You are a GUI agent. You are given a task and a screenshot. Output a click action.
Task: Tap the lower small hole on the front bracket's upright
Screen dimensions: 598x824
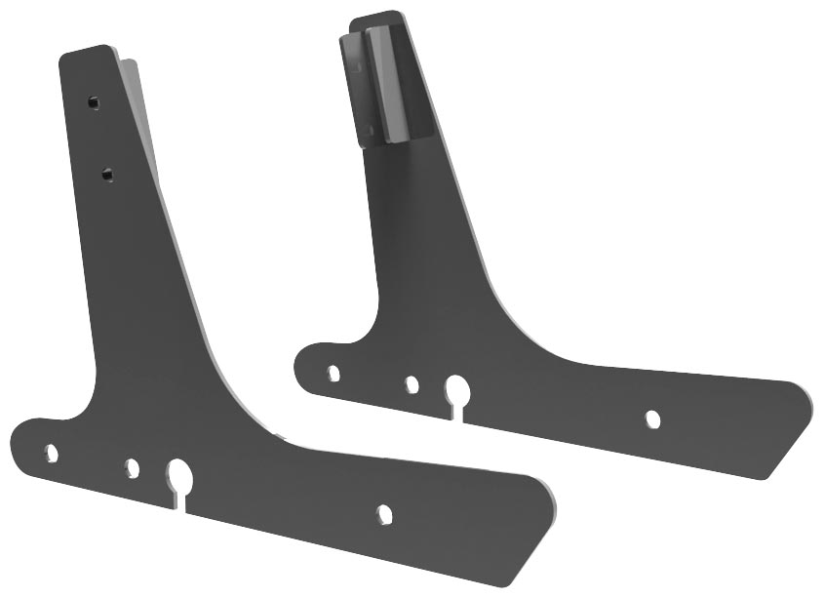106,175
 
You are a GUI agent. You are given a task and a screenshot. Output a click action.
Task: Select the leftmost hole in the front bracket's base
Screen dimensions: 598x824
52,453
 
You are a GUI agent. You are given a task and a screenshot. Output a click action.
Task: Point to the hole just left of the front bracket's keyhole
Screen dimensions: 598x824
132,468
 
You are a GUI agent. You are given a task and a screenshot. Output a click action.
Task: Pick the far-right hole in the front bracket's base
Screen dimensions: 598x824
384,512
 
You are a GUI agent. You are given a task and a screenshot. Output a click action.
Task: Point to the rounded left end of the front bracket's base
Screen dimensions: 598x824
18,434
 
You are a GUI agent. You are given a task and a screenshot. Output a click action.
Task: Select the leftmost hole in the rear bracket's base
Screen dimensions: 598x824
334,373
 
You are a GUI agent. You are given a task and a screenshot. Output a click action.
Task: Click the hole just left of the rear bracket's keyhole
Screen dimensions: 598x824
412,385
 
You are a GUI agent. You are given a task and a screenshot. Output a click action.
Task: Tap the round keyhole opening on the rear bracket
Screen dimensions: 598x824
456,391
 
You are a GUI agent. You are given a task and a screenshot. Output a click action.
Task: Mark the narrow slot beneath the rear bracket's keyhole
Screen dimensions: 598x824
457,413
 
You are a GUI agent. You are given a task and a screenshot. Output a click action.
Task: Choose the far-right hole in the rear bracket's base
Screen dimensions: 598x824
652,419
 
